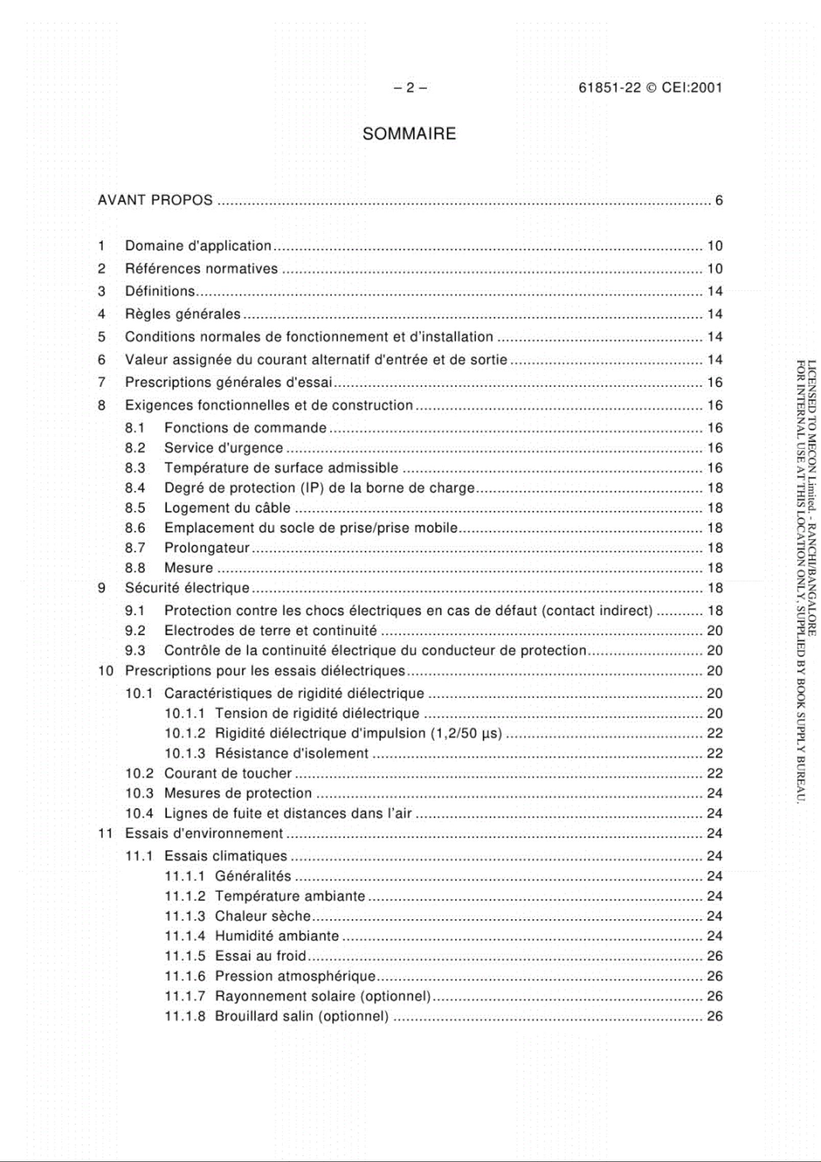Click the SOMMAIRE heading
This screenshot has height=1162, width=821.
(x=409, y=134)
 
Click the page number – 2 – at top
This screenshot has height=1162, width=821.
(x=410, y=88)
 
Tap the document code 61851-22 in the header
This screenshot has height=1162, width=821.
(x=609, y=88)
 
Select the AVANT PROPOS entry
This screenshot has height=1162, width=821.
(x=155, y=200)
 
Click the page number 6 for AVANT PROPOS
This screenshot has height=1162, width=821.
(x=718, y=200)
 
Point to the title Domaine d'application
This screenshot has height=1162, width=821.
(x=198, y=246)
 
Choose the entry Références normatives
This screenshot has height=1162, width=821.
(x=201, y=269)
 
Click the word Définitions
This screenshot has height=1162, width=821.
(x=160, y=291)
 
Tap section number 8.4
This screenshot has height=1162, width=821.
(x=135, y=488)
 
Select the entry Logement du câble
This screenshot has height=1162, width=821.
(x=227, y=508)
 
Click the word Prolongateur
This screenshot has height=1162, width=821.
(x=206, y=548)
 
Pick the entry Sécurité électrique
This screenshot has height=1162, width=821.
(x=187, y=588)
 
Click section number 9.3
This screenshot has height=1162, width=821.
(x=135, y=650)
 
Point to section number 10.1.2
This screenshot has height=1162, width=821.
(x=184, y=733)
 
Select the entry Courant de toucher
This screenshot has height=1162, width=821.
(x=227, y=773)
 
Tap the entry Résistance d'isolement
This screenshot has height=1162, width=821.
(x=291, y=753)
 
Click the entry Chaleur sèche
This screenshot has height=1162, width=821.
(x=263, y=916)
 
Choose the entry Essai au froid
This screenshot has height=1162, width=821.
(x=260, y=956)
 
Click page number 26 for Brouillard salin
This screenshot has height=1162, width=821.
(x=714, y=1016)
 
